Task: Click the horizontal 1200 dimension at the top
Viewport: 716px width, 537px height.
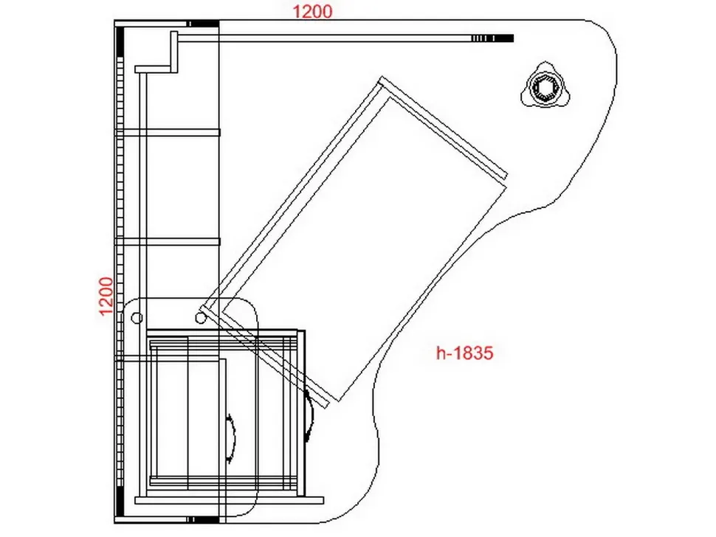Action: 312,11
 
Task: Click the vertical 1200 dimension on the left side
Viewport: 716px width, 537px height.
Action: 106,296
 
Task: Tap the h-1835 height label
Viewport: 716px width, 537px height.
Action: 465,353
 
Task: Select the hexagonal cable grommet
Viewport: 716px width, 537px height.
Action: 543,86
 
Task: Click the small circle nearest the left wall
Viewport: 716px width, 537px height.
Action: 137,317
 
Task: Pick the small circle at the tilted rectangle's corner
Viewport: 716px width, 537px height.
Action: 201,318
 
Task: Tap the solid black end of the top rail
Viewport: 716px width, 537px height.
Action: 504,38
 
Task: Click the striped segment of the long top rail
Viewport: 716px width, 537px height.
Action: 482,38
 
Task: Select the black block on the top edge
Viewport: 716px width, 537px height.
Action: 204,24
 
